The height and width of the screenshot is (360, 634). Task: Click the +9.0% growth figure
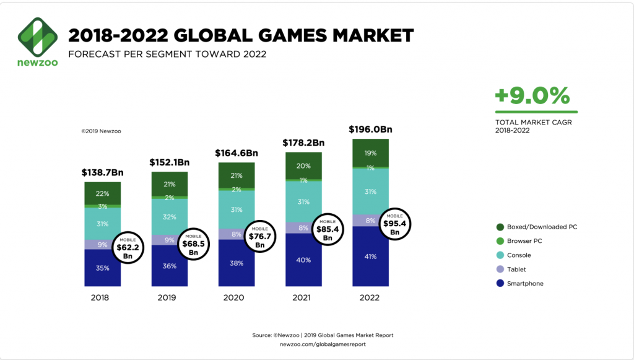532,96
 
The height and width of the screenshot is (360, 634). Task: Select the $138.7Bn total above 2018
102,172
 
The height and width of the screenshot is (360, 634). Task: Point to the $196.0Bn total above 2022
371,130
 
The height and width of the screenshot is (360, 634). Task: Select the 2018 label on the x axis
100,297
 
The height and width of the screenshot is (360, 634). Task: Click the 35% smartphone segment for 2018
102,268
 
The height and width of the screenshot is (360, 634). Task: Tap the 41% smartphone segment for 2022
371,256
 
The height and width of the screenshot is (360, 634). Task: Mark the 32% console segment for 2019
170,217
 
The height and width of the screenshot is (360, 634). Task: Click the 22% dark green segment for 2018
102,193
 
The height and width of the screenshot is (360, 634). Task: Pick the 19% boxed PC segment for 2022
371,152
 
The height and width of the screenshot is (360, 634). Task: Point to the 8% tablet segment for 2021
303,227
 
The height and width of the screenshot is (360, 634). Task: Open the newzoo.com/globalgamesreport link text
323,343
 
